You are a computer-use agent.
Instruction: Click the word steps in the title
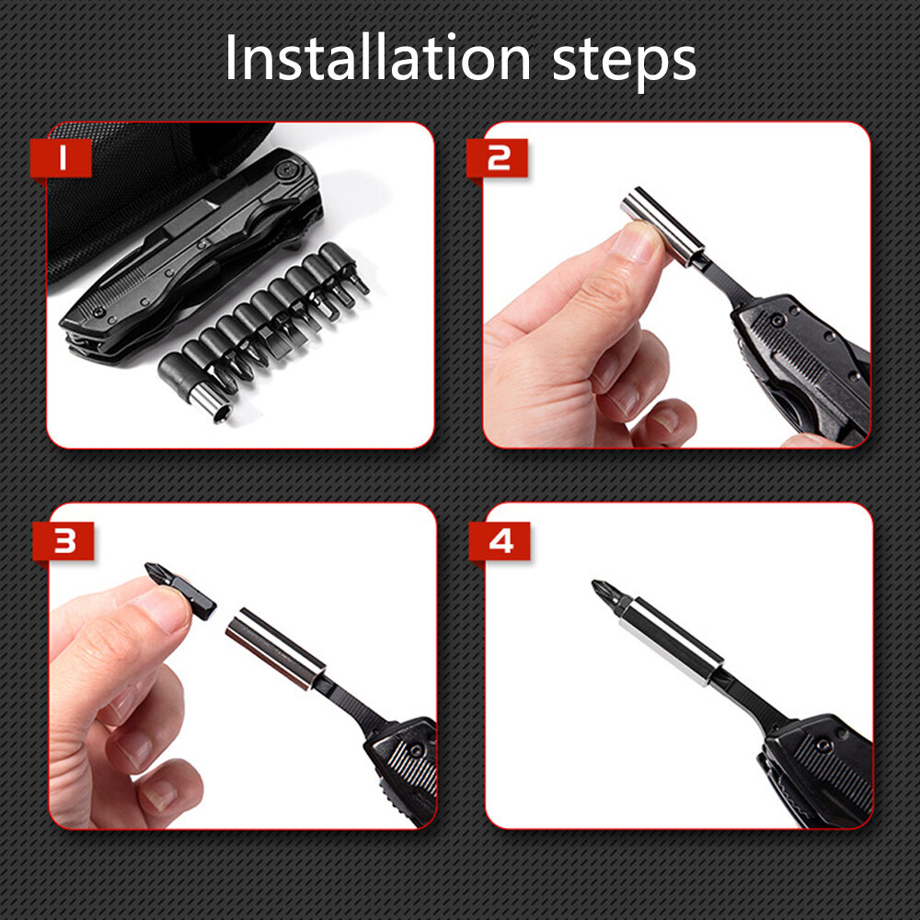click(x=624, y=62)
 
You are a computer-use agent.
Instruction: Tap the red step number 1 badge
click(x=61, y=158)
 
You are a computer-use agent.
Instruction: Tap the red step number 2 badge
click(x=497, y=158)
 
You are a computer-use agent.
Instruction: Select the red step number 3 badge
click(x=63, y=541)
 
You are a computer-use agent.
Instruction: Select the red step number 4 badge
click(x=500, y=541)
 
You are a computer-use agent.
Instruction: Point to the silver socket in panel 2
click(x=662, y=225)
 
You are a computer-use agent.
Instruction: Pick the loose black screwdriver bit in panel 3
click(x=180, y=591)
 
